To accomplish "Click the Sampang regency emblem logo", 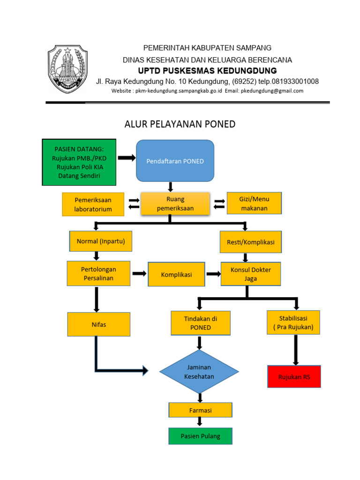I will click(67, 69).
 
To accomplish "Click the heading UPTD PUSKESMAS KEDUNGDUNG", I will click(207, 71).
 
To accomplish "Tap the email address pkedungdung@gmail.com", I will click(272, 91).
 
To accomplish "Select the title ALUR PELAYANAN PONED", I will click(180, 124).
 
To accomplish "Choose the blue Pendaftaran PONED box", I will click(175, 161).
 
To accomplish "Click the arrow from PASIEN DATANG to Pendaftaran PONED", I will click(126, 158).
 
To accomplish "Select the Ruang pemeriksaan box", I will click(175, 204).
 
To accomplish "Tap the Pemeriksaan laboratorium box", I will click(93, 204).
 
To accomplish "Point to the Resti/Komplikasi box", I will click(250, 242).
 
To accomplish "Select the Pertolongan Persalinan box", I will click(98, 274).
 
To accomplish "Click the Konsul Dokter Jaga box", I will click(251, 274).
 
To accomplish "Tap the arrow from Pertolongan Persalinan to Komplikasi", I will click(139, 274).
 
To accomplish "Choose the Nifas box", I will click(98, 324).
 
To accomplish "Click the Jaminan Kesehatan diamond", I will click(199, 372).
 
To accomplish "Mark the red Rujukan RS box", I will click(294, 376).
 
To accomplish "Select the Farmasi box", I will click(200, 410).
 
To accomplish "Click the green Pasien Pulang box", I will click(200, 436).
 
